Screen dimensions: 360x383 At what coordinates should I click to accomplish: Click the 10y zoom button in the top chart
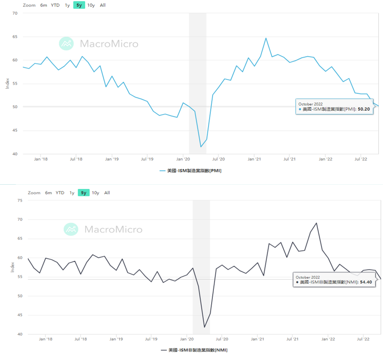tap(91, 5)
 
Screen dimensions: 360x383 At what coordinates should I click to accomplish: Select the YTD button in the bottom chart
tap(60, 193)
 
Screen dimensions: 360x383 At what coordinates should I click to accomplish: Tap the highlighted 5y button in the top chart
tap(79, 5)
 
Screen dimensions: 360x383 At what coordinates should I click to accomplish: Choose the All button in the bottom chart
tap(107, 193)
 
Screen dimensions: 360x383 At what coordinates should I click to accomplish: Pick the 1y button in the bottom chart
tap(72, 193)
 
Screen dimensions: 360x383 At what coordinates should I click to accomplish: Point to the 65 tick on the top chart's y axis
tap(15, 37)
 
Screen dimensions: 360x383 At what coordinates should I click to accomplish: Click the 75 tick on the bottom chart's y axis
tap(19, 200)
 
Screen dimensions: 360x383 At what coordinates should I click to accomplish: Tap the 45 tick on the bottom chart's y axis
tap(19, 315)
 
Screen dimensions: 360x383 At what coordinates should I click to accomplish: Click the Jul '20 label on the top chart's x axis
tap(219, 158)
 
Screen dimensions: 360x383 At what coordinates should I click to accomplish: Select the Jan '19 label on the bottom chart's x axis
tap(116, 339)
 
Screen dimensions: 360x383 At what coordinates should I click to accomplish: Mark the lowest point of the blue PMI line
tap(201, 146)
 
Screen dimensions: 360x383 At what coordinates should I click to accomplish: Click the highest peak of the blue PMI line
tap(266, 38)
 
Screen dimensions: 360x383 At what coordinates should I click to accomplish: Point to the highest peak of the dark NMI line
tap(316, 223)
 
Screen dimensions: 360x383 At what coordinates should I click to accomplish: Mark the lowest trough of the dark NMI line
tap(204, 327)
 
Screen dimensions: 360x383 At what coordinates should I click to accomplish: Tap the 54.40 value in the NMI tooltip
tap(366, 282)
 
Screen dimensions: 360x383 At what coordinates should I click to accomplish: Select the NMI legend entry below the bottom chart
tap(194, 350)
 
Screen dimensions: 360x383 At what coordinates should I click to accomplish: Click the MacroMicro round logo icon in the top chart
tap(67, 44)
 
